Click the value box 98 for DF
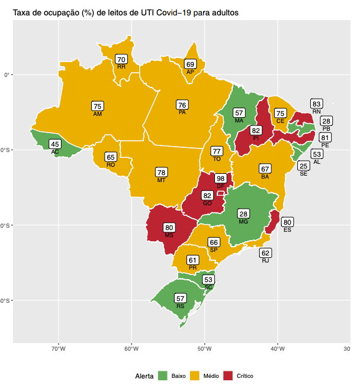pyautogui.click(x=220, y=179)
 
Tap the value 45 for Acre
pyautogui.click(x=54, y=144)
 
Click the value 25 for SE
pyautogui.click(x=303, y=166)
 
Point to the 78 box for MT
pyautogui.click(x=161, y=173)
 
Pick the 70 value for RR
pyautogui.click(x=121, y=59)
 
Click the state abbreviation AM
pyautogui.click(x=98, y=114)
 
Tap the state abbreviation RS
pyautogui.click(x=181, y=306)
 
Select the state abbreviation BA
pyautogui.click(x=265, y=176)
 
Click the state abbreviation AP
pyautogui.click(x=190, y=72)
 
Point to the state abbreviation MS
pyautogui.click(x=169, y=235)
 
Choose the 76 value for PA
pyautogui.click(x=182, y=105)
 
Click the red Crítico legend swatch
pyautogui.click(x=228, y=376)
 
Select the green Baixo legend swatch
pyautogui.click(x=163, y=376)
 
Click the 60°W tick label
pyautogui.click(x=131, y=349)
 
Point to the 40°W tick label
pyautogui.click(x=278, y=349)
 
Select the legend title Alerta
pyautogui.click(x=144, y=376)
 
